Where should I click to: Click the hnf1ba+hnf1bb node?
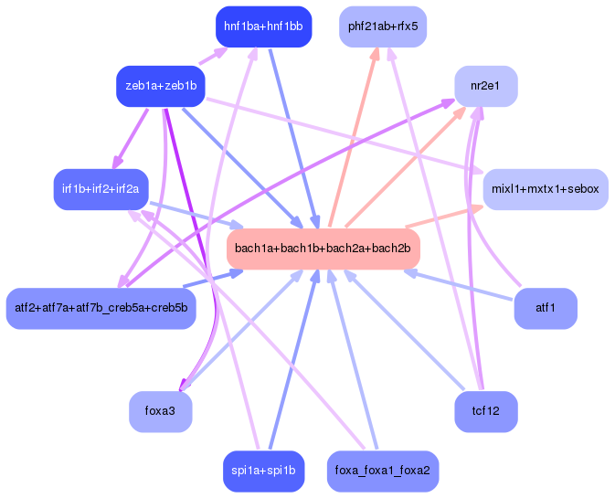(263, 26)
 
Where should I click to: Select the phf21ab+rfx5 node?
(382, 26)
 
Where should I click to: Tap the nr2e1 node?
(485, 86)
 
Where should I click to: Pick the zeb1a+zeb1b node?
(160, 86)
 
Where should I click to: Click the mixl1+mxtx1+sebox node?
(545, 189)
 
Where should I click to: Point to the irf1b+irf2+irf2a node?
(101, 189)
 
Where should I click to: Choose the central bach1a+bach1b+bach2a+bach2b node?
(322, 249)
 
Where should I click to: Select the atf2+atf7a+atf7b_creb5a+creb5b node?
(101, 308)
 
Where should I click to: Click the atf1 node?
(545, 308)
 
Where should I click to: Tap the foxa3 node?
(160, 411)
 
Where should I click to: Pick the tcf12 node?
(485, 411)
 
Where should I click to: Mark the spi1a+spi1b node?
(263, 471)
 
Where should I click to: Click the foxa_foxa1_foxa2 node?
(382, 471)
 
